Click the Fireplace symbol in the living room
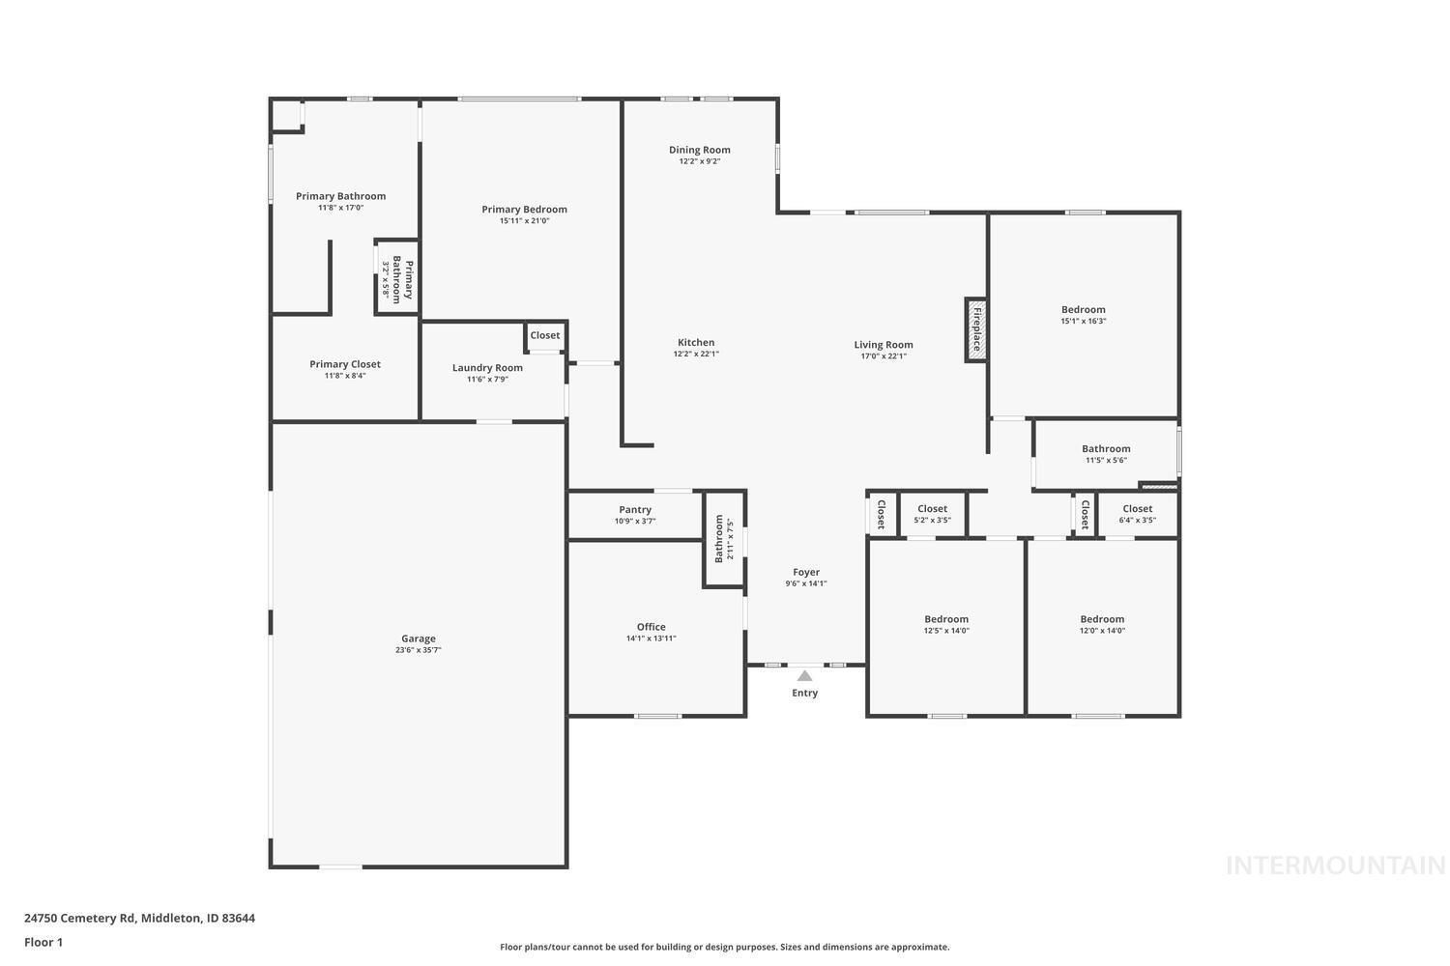(975, 329)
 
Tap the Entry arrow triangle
(804, 675)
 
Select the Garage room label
(419, 639)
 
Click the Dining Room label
(699, 150)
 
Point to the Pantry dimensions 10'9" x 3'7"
(634, 521)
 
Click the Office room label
(651, 627)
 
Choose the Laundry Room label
(487, 367)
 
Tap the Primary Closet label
(345, 364)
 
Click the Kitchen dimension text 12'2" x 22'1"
(696, 354)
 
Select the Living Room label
(883, 345)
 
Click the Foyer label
(805, 572)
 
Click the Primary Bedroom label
(524, 209)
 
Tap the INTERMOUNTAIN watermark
(1335, 866)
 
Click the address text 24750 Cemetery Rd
(80, 919)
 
